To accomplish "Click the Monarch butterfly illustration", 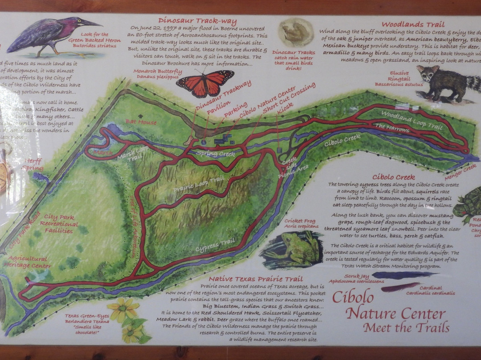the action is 205,83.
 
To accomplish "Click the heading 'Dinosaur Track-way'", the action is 197,21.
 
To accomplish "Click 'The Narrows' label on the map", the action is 392,128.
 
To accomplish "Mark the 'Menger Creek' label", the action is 461,168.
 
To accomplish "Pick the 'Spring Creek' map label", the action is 215,154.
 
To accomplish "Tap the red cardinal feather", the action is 400,286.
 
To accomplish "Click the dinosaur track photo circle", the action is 296,33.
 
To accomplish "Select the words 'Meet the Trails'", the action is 406,328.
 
